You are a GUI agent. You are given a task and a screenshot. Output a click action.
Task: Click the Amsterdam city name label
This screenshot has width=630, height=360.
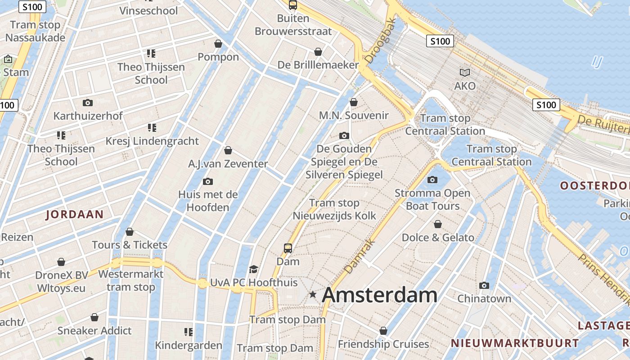point(379,295)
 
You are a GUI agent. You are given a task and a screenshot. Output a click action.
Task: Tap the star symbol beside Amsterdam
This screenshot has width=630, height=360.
point(313,295)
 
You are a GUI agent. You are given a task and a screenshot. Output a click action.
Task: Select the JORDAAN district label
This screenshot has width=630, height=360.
point(75,215)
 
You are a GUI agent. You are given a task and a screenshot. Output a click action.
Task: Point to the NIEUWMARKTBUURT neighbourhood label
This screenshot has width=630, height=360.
point(515,343)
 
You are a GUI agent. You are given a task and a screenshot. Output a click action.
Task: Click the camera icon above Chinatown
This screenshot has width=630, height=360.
point(484,285)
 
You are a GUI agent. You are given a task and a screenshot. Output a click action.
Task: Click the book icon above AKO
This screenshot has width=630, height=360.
point(465,72)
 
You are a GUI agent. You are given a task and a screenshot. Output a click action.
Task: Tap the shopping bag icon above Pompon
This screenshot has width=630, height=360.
point(218,44)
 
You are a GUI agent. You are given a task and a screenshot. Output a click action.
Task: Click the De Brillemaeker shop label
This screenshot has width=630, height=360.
point(318,65)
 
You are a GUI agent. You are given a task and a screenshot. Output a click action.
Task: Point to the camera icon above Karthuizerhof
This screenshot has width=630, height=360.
point(88,103)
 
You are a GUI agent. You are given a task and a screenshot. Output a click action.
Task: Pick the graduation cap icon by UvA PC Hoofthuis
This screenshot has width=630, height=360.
point(254,269)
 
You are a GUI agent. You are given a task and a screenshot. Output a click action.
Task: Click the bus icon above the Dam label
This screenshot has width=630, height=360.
point(288,248)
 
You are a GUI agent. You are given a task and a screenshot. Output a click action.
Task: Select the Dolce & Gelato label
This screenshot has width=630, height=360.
point(438,238)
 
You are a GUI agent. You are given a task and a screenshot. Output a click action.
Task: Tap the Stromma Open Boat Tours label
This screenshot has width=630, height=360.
point(432,199)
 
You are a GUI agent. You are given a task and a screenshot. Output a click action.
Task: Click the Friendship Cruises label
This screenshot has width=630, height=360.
point(383,344)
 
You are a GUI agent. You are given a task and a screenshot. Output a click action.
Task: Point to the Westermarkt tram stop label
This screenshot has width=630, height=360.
point(131,280)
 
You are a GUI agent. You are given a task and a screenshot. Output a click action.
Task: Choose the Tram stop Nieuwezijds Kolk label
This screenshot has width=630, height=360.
point(334,209)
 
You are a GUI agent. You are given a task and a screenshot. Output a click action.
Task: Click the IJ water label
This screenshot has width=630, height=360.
point(597,62)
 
